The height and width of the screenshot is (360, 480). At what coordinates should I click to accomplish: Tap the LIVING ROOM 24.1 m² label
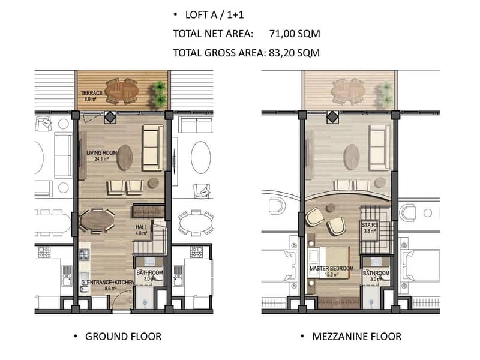(x=101, y=155)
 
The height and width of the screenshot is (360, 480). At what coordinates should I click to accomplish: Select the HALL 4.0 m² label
(x=142, y=230)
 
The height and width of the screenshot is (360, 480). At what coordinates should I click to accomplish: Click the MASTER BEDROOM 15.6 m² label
(x=332, y=271)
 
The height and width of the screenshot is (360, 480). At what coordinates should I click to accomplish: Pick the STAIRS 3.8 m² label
(x=370, y=228)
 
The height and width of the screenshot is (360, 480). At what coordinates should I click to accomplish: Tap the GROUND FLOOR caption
(x=123, y=337)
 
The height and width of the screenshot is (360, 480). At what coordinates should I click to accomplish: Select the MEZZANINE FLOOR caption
(x=356, y=337)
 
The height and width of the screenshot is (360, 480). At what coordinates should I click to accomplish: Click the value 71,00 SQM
(x=295, y=34)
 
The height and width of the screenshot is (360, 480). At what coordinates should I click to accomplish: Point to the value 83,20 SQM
(x=294, y=53)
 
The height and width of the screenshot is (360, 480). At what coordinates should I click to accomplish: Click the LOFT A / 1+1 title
(x=215, y=14)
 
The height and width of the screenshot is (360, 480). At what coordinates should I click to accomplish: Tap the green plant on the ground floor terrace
(x=160, y=94)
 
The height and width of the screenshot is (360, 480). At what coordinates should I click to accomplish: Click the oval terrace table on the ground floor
(x=122, y=92)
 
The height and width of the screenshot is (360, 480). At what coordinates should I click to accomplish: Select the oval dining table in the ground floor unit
(x=97, y=221)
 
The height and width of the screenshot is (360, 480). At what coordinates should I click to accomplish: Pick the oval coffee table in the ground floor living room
(x=125, y=157)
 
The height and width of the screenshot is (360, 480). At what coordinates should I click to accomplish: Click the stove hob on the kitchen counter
(x=84, y=254)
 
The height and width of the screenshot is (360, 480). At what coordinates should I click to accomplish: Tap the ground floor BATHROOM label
(x=149, y=275)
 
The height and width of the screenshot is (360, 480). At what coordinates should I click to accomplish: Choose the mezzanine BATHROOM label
(x=376, y=276)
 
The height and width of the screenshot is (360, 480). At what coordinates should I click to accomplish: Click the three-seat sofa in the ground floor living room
(x=153, y=148)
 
